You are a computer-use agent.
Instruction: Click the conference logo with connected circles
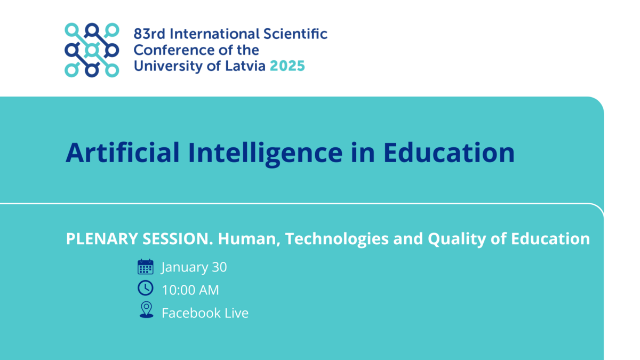coord(92,50)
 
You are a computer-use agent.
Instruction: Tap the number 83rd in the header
coord(149,34)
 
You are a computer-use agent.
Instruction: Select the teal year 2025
coord(287,66)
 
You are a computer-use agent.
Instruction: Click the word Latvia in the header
coord(245,66)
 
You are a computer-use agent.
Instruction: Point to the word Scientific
coord(295,34)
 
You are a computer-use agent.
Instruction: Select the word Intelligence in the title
coord(265,154)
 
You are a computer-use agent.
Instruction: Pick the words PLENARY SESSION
coord(140,238)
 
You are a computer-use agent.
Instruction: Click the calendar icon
coord(146,267)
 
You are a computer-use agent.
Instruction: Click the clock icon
coord(146,287)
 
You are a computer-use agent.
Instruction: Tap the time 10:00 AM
coord(190,290)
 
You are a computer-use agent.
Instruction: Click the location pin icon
coord(146,310)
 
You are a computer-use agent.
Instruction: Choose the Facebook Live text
coord(205,313)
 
